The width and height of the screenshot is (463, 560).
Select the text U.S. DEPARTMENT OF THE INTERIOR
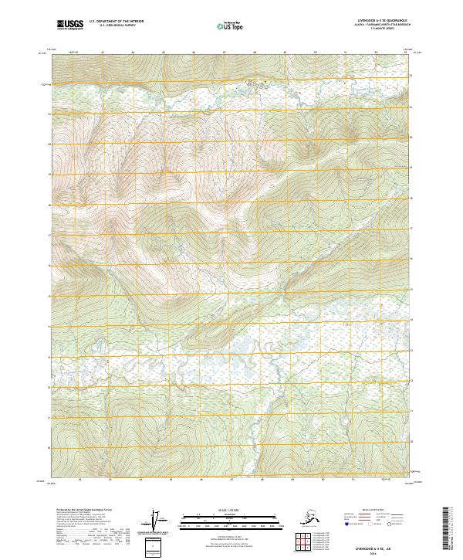pyautogui.click(x=111, y=22)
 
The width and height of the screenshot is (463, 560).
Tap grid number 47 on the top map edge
pyautogui.click(x=223, y=53)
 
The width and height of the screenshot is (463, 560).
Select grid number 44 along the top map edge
pyautogui.click(x=132, y=53)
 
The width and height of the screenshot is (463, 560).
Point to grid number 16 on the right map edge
pyautogui.click(x=411, y=259)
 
